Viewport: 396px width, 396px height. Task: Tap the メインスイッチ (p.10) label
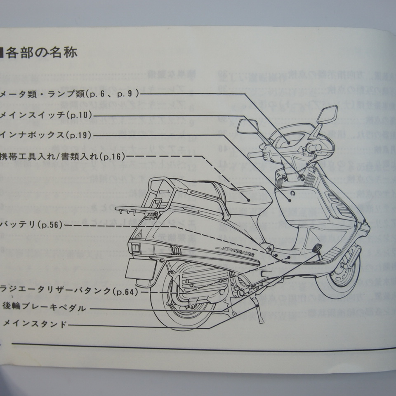tap(45, 115)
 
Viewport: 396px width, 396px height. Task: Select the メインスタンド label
tap(35, 325)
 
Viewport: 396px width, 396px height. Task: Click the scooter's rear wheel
tap(181, 301)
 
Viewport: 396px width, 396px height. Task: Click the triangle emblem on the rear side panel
tap(140, 234)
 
